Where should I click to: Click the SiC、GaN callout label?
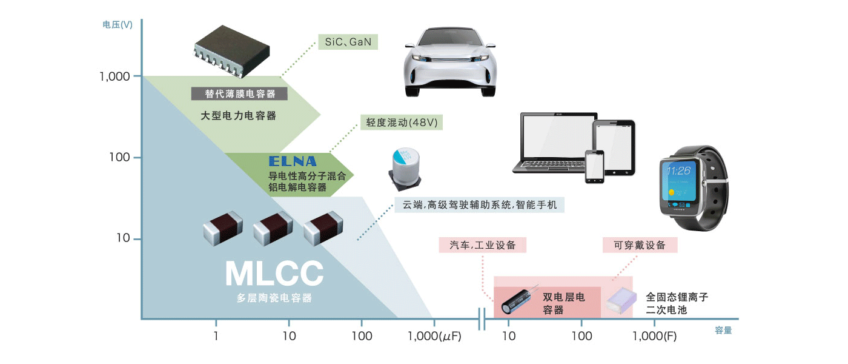(348, 42)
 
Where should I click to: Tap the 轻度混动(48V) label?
(401, 122)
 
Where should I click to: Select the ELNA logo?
(293, 161)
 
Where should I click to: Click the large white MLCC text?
(274, 274)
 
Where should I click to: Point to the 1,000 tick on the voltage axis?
(114, 76)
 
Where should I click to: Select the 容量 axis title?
(723, 331)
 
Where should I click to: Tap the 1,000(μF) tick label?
(434, 336)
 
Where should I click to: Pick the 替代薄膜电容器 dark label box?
(239, 94)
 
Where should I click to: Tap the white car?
(446, 63)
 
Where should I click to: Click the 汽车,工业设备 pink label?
(483, 245)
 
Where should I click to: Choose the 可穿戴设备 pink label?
(640, 245)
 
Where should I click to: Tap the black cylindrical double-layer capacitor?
(520, 300)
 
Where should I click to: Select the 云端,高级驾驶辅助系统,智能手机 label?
(479, 205)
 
